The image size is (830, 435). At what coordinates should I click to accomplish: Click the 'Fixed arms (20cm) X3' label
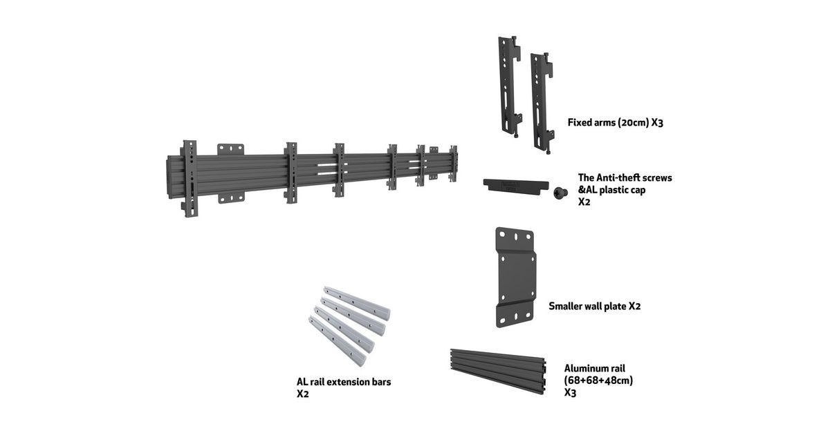click(616, 122)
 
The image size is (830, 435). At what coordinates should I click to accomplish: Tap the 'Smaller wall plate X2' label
click(594, 306)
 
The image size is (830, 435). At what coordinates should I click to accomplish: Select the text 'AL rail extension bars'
click(344, 381)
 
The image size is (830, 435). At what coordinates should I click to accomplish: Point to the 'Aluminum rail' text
click(594, 368)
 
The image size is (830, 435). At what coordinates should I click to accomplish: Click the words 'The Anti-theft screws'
click(625, 177)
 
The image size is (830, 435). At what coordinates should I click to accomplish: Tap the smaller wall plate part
click(516, 276)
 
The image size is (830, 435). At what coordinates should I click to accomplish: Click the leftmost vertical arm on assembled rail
click(190, 178)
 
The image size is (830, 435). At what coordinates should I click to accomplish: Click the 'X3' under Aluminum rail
click(571, 393)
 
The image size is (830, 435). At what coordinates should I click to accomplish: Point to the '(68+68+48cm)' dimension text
click(598, 380)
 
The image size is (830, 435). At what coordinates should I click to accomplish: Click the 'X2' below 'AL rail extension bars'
click(302, 394)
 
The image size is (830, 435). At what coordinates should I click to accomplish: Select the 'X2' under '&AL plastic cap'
click(584, 202)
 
